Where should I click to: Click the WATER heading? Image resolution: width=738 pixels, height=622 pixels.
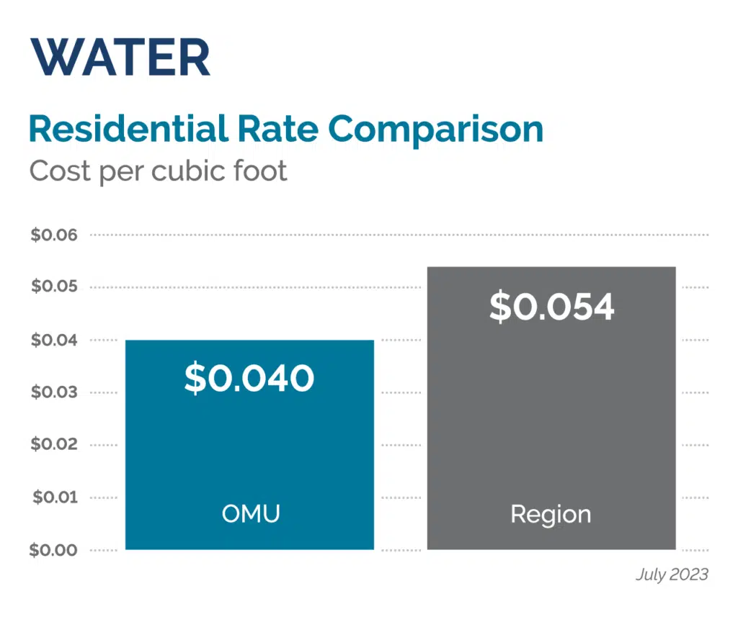[x=120, y=58]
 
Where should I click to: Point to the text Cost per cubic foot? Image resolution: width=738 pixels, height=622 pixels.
[x=158, y=171]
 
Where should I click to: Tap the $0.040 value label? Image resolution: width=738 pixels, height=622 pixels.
[x=249, y=378]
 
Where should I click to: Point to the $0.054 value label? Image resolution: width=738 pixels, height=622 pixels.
[x=551, y=307]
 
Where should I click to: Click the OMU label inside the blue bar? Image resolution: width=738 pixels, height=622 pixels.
[x=249, y=514]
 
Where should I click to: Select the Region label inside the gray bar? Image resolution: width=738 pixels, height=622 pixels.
[x=551, y=514]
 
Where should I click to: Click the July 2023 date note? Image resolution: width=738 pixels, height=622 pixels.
[x=672, y=574]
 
